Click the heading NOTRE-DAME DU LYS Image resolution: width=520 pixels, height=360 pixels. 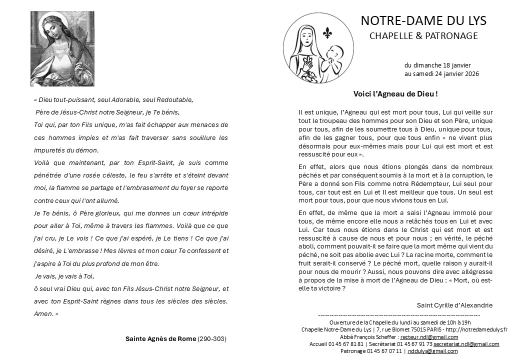[423, 20]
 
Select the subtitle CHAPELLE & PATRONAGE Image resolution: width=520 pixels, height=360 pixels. [423, 36]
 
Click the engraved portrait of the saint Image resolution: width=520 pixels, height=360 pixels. [62, 48]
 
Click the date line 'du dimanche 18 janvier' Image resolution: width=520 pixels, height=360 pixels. [437, 65]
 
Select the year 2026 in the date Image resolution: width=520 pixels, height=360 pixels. [471, 74]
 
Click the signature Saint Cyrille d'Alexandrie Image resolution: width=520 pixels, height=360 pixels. [454, 305]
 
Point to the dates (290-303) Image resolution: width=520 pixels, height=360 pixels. [212, 338]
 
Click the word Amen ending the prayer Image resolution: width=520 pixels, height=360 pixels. [43, 313]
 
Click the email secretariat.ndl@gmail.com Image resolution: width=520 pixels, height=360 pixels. [466, 344]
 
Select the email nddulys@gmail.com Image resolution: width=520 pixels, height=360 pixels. [432, 351]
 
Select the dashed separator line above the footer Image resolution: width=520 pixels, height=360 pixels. [398, 315]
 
